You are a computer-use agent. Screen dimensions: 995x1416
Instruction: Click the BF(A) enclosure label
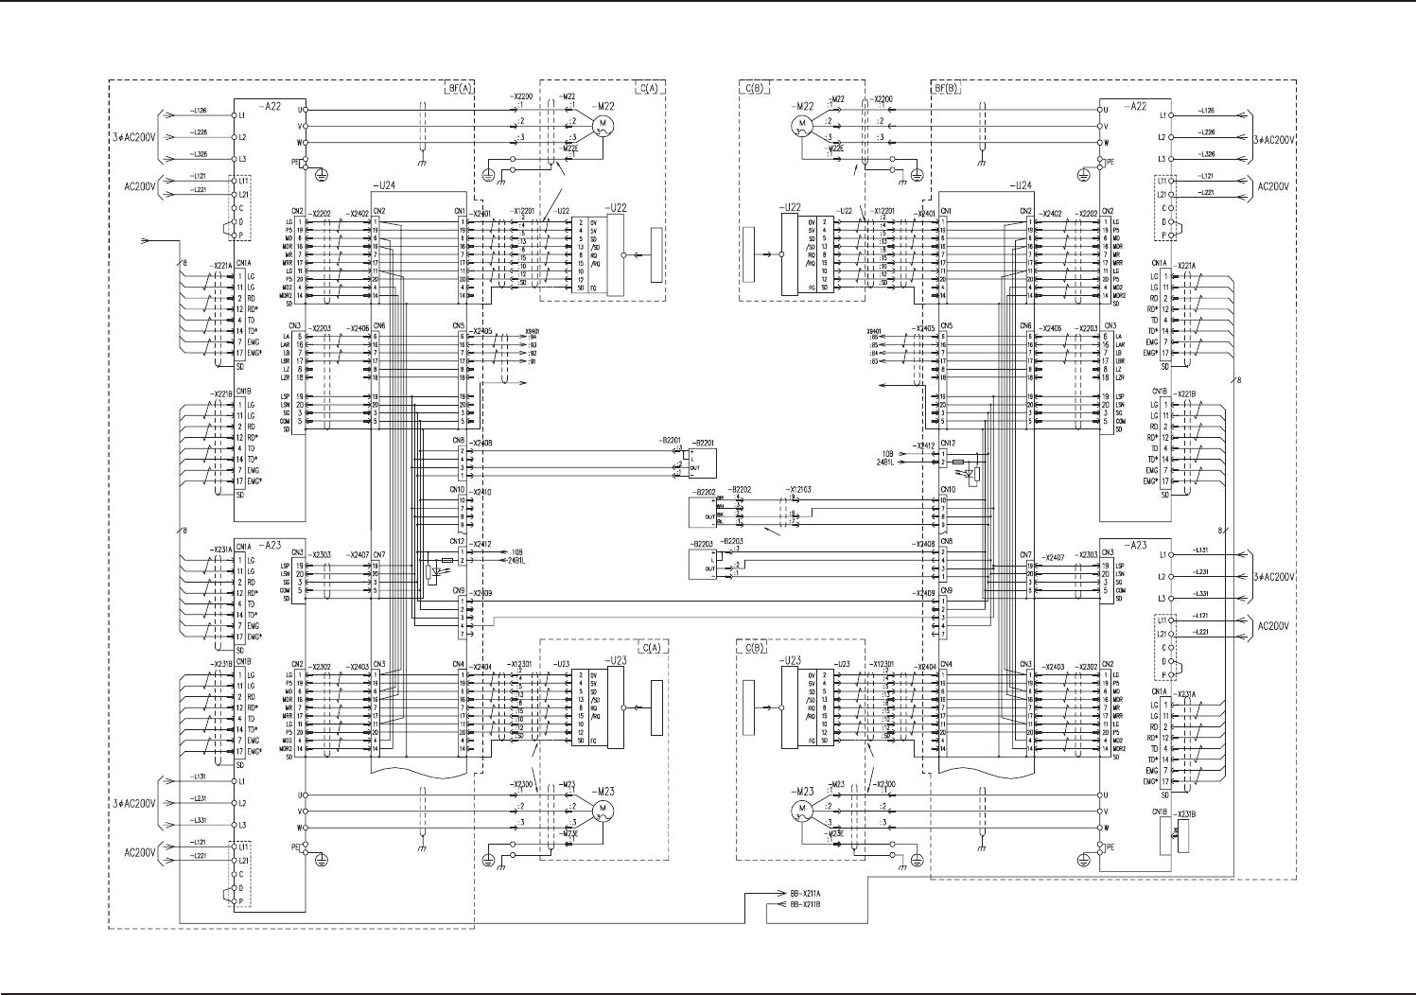point(459,88)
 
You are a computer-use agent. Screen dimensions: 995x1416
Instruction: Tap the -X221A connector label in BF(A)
point(221,265)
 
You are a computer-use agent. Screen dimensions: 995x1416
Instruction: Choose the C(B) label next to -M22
point(755,88)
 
